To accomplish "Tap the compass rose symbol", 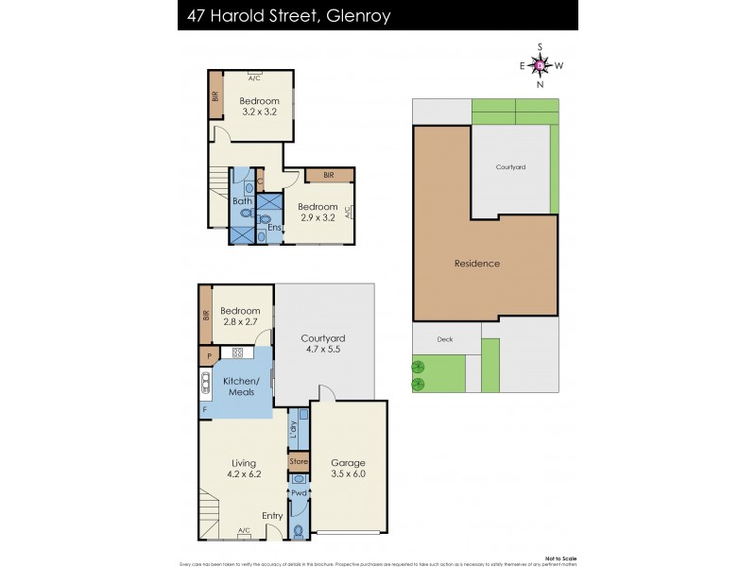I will tap(540, 65).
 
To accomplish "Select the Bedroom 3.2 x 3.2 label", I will tap(259, 107).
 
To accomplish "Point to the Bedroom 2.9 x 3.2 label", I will tap(318, 213).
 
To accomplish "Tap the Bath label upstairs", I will tap(242, 200).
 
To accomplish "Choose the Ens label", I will tap(273, 227).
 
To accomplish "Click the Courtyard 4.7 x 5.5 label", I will tap(323, 344).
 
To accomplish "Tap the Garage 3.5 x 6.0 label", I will tap(348, 469).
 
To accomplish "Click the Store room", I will tap(299, 462).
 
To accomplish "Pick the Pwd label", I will tap(299, 493).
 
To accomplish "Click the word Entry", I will tap(272, 515).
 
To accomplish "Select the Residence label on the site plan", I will tap(477, 264).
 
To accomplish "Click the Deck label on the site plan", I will tap(445, 339).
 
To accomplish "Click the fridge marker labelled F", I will tap(204, 411).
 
